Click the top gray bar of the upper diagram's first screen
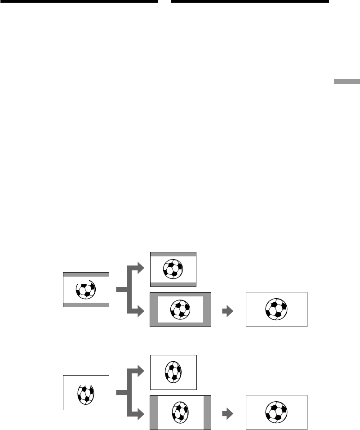[86, 274]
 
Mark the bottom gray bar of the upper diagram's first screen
[86, 305]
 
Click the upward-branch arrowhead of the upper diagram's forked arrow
[142, 269]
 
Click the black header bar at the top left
[79, 1]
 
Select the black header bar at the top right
[250, 1]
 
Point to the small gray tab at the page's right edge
[346, 82]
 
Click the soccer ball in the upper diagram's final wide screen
[276, 309]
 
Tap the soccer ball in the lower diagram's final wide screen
[276, 411]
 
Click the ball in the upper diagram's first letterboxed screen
[86, 290]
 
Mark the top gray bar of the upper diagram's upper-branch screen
[173, 254]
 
